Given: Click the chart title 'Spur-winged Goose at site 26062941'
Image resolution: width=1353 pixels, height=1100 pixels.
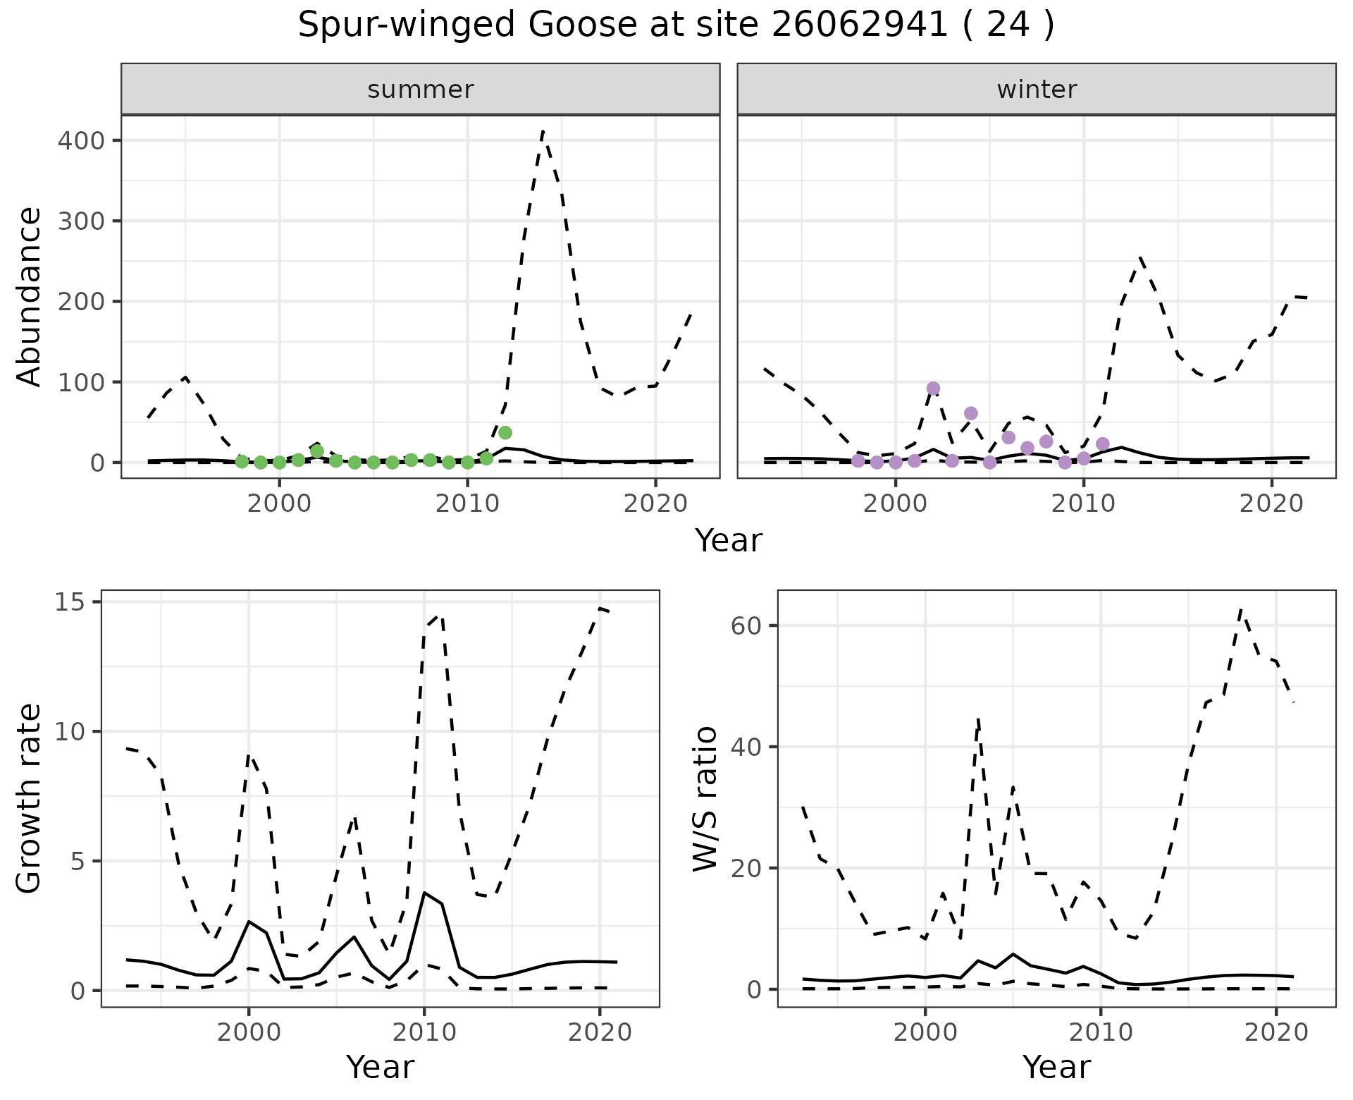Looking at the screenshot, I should tap(675, 26).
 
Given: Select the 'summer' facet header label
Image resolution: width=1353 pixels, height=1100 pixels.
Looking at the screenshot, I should tap(421, 90).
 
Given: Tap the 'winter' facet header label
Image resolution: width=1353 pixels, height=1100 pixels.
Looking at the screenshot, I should tap(1037, 90).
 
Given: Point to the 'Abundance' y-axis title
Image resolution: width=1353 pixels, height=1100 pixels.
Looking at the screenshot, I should tap(30, 297).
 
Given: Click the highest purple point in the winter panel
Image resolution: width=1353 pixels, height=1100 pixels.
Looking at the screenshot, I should tap(933, 389).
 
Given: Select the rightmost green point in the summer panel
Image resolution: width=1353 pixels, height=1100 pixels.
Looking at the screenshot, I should tap(505, 432).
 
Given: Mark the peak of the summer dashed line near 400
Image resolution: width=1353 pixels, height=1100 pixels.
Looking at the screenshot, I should tap(543, 131).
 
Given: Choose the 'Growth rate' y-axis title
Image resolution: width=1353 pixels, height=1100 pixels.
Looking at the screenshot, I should tap(30, 799).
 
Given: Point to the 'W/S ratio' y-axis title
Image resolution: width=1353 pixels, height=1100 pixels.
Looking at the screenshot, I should tap(705, 799).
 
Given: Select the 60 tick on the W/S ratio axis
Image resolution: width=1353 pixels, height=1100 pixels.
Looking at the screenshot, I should tap(748, 625).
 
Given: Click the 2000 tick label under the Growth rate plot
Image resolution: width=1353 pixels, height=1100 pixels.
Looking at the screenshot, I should tap(248, 1032).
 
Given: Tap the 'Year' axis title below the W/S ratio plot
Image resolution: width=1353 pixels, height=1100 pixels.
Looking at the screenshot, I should tap(1056, 1068).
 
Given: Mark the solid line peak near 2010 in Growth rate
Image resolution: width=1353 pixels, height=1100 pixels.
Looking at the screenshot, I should tap(424, 893).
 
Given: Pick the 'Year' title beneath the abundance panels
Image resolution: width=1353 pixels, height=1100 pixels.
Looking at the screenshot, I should tap(729, 541).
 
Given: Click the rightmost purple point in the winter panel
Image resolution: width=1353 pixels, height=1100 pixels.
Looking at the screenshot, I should tap(1103, 444).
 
